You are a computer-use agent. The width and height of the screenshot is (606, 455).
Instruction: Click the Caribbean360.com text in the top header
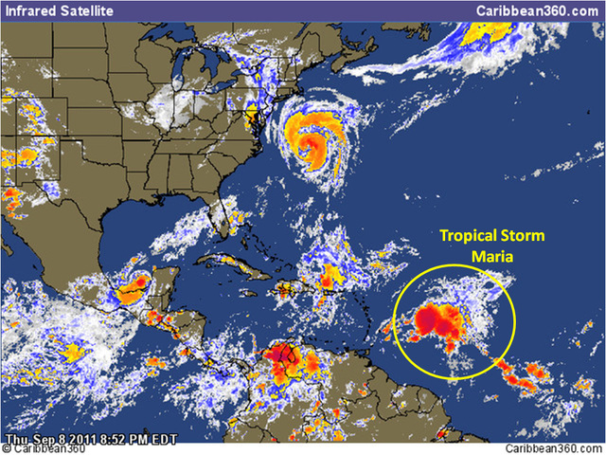pyautogui.click(x=541, y=9)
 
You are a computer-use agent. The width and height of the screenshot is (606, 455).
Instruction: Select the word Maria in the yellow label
pyautogui.click(x=492, y=255)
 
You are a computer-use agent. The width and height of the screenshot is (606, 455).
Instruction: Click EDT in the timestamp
pyautogui.click(x=151, y=439)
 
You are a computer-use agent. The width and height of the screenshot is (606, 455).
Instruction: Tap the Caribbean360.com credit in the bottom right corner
pyautogui.click(x=553, y=447)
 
